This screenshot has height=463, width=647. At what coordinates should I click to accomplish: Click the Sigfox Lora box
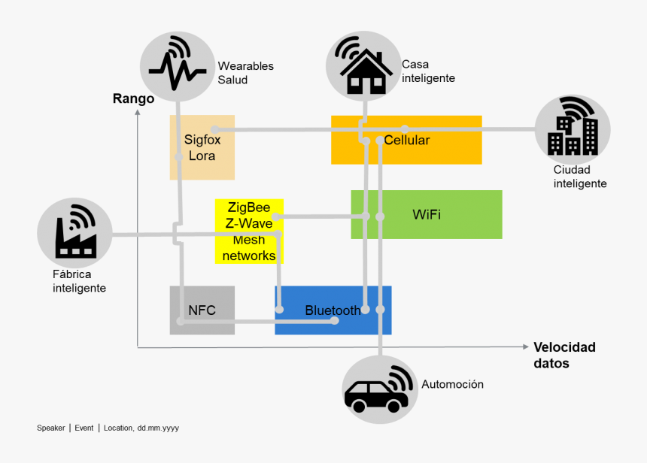point(202,147)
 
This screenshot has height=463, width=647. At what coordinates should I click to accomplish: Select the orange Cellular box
point(406,140)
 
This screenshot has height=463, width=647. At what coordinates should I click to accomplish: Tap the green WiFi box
point(427,214)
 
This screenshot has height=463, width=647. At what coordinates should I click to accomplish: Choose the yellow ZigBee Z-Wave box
point(249,231)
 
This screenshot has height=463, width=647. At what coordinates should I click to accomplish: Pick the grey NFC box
point(202,310)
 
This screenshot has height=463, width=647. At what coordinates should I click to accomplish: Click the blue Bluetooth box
point(333,310)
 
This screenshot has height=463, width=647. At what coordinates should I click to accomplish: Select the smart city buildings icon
point(573,129)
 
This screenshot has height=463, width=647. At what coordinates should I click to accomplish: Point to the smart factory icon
point(75,233)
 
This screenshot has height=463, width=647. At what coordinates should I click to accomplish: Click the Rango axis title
point(133,98)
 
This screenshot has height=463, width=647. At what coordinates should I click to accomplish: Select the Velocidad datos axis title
point(564,355)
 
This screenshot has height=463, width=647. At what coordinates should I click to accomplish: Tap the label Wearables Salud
point(245,73)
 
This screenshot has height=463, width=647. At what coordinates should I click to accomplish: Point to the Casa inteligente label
point(428,71)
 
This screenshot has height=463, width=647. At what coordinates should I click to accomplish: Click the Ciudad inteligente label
point(579,177)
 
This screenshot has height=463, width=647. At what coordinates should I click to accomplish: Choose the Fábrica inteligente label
point(79,281)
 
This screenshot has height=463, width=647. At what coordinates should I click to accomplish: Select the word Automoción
point(452,384)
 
